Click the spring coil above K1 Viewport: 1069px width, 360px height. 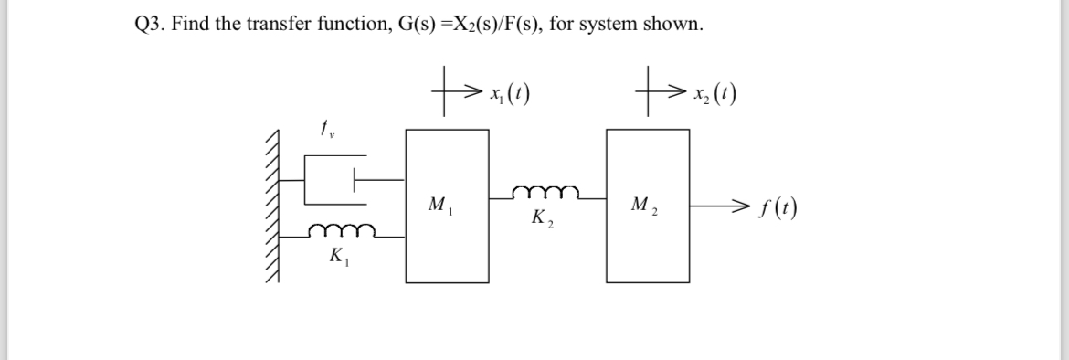coord(340,231)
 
